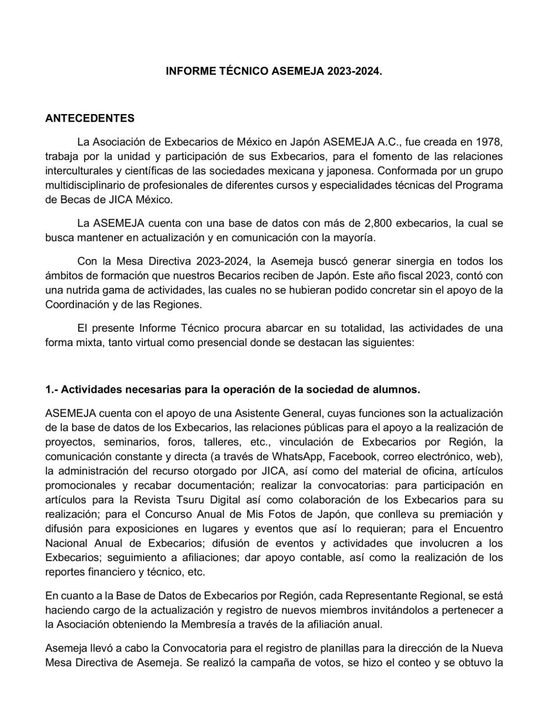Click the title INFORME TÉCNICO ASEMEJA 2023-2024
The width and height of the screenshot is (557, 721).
(x=274, y=71)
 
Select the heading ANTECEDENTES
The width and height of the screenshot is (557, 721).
(x=90, y=119)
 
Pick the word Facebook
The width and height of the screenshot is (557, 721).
(x=352, y=456)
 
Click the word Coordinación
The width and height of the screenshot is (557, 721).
(x=75, y=305)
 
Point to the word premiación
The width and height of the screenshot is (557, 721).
(x=465, y=514)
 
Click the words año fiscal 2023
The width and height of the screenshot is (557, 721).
(x=413, y=276)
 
